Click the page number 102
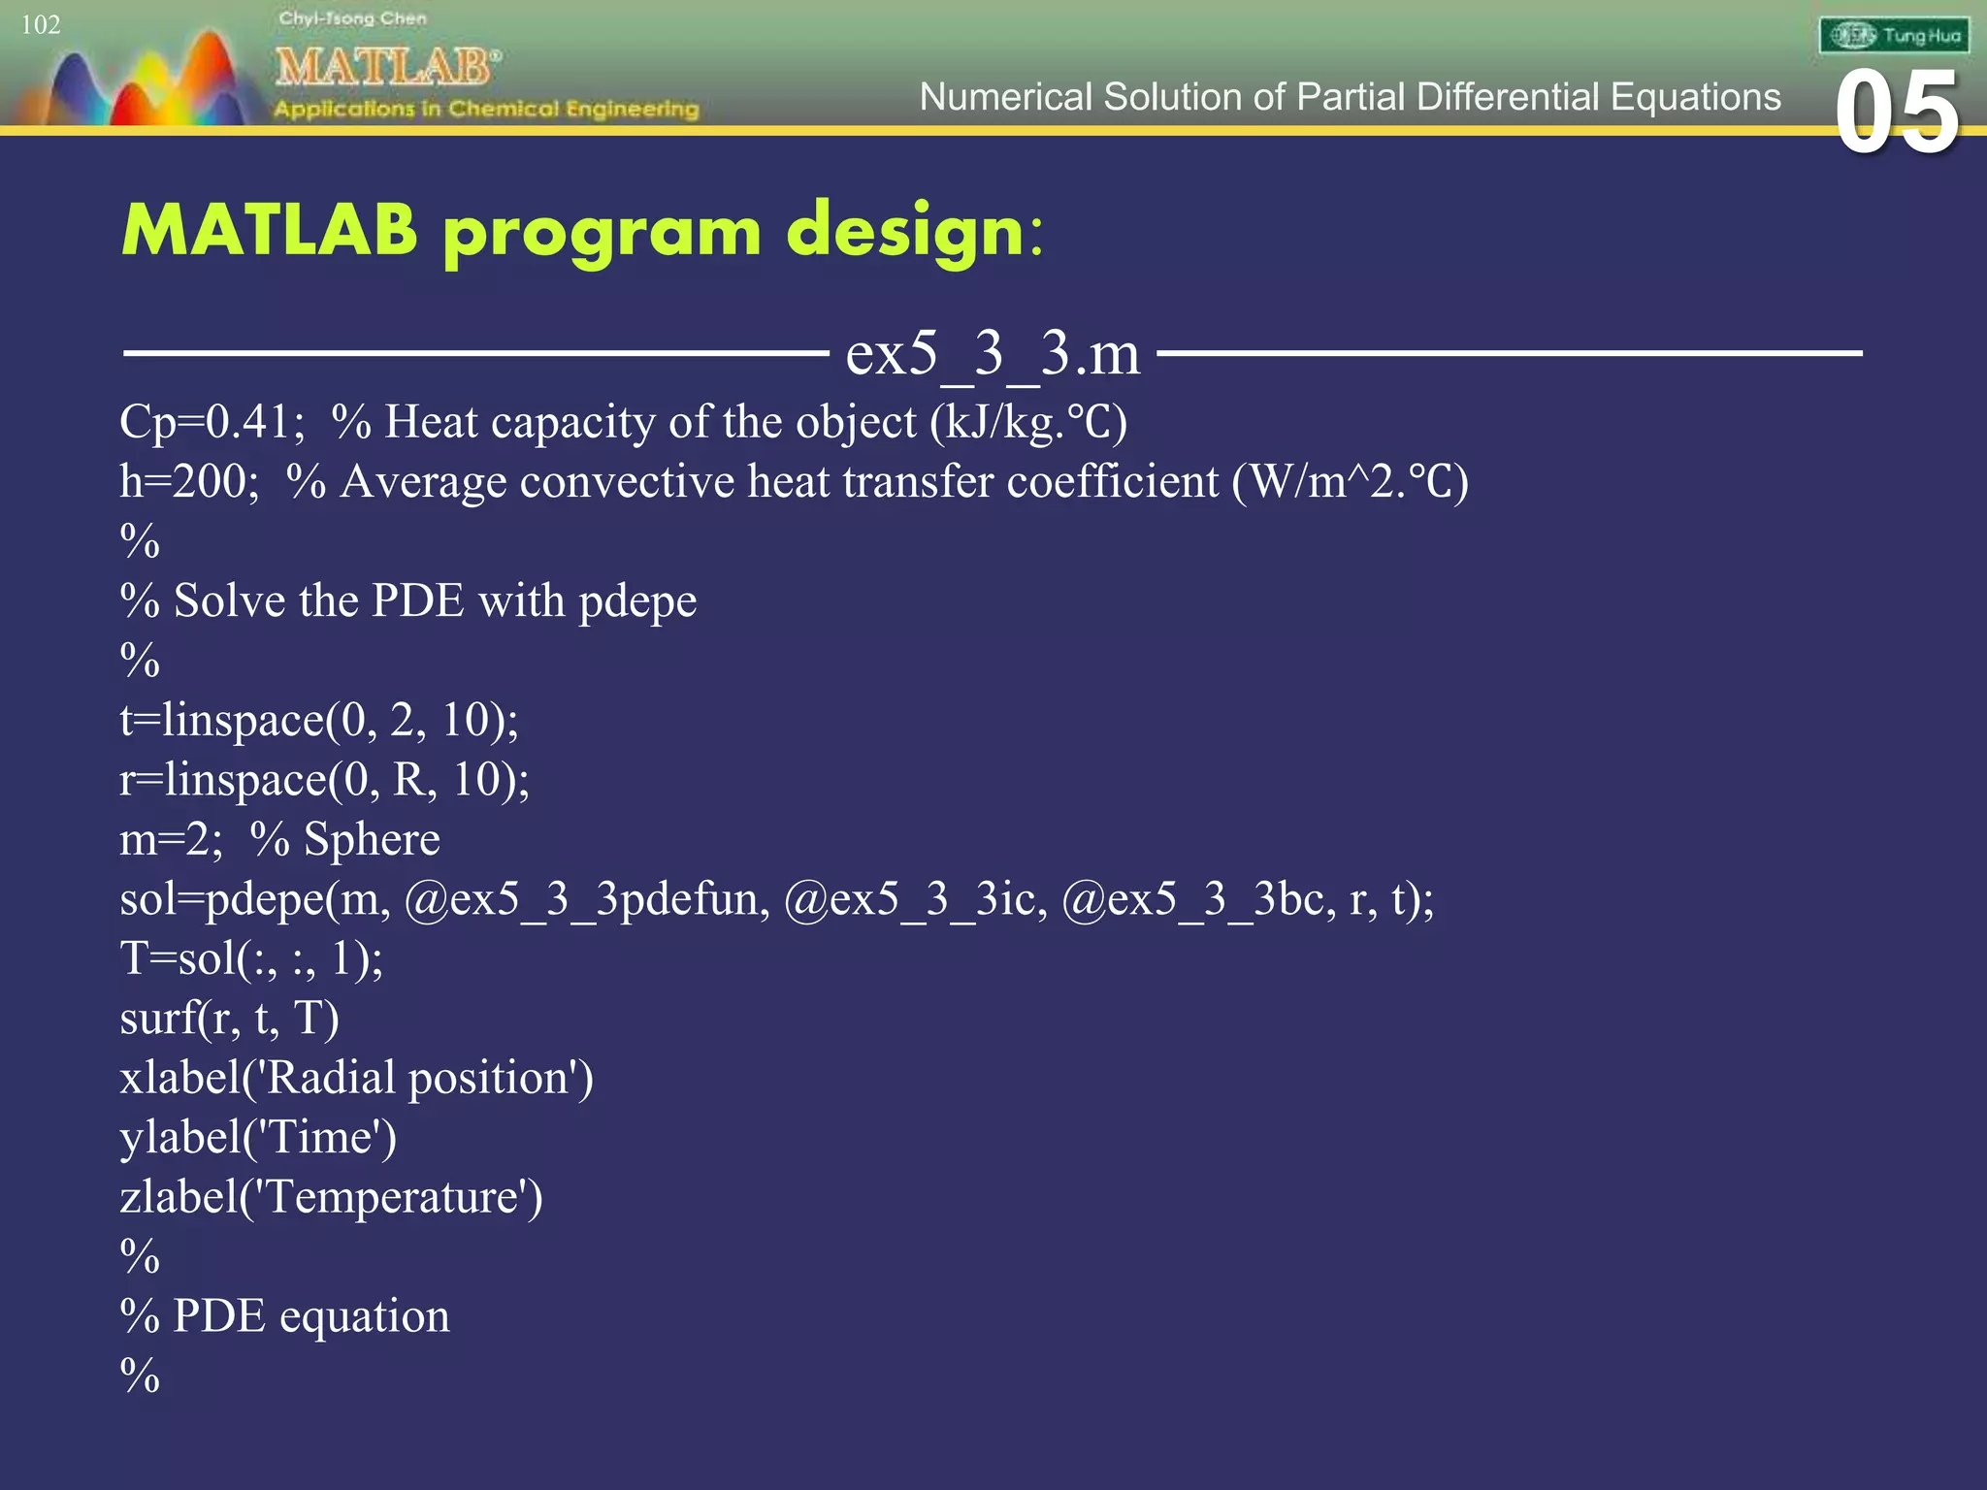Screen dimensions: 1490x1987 click(x=41, y=24)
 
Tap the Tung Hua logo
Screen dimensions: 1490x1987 click(x=1893, y=36)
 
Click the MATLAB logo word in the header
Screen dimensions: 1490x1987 click(x=387, y=67)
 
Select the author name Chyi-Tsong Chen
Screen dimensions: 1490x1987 click(x=352, y=18)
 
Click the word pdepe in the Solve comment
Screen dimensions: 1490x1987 click(x=637, y=601)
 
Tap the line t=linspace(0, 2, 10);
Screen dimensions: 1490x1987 click(x=319, y=720)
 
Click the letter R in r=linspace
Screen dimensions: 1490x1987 click(x=407, y=780)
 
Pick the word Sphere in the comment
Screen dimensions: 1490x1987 click(x=372, y=839)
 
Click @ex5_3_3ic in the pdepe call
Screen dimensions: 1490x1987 click(x=915, y=899)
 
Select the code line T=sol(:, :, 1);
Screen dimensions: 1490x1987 click(x=251, y=958)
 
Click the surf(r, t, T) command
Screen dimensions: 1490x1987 click(x=229, y=1019)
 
